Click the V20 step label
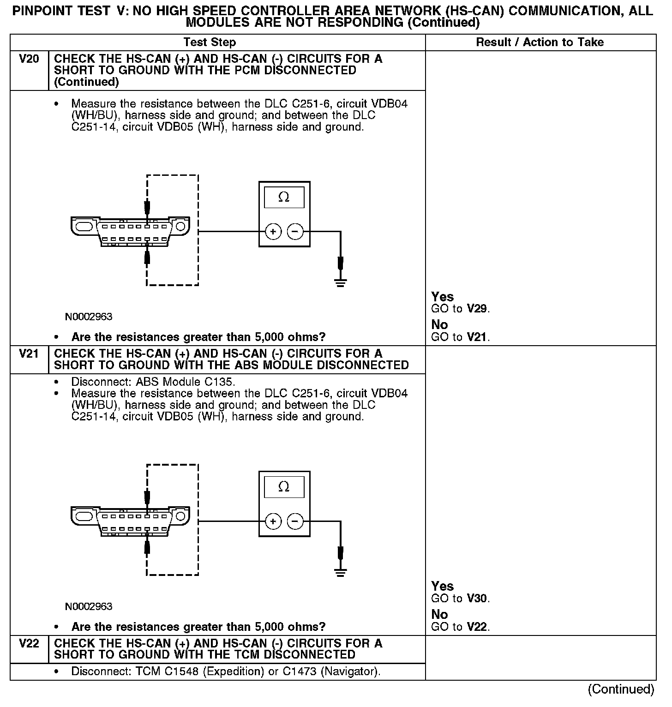29,59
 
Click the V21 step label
29,354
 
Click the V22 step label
29,643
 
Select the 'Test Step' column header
210,42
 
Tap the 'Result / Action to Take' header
540,42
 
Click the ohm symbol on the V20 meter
284,198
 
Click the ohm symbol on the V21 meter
284,487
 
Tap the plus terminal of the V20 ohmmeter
273,231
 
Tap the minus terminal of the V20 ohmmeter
295,231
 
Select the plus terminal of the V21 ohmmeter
273,521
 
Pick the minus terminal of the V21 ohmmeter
295,521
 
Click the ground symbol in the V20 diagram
341,282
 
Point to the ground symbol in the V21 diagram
341,572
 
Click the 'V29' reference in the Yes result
477,309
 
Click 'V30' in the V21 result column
477,599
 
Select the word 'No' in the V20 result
439,325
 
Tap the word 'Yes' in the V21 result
442,586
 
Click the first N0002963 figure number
89,317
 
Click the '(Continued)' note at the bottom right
621,689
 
